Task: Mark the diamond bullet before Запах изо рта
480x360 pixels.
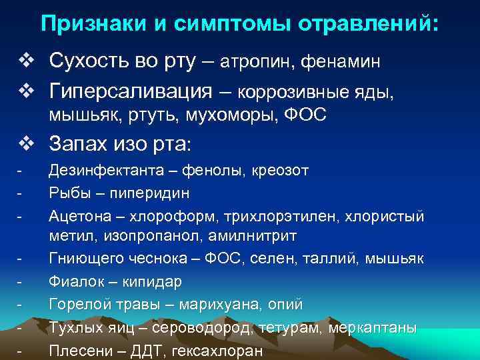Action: click(x=25, y=142)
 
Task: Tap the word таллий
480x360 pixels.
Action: click(x=337, y=259)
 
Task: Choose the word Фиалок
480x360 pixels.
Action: click(x=73, y=281)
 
